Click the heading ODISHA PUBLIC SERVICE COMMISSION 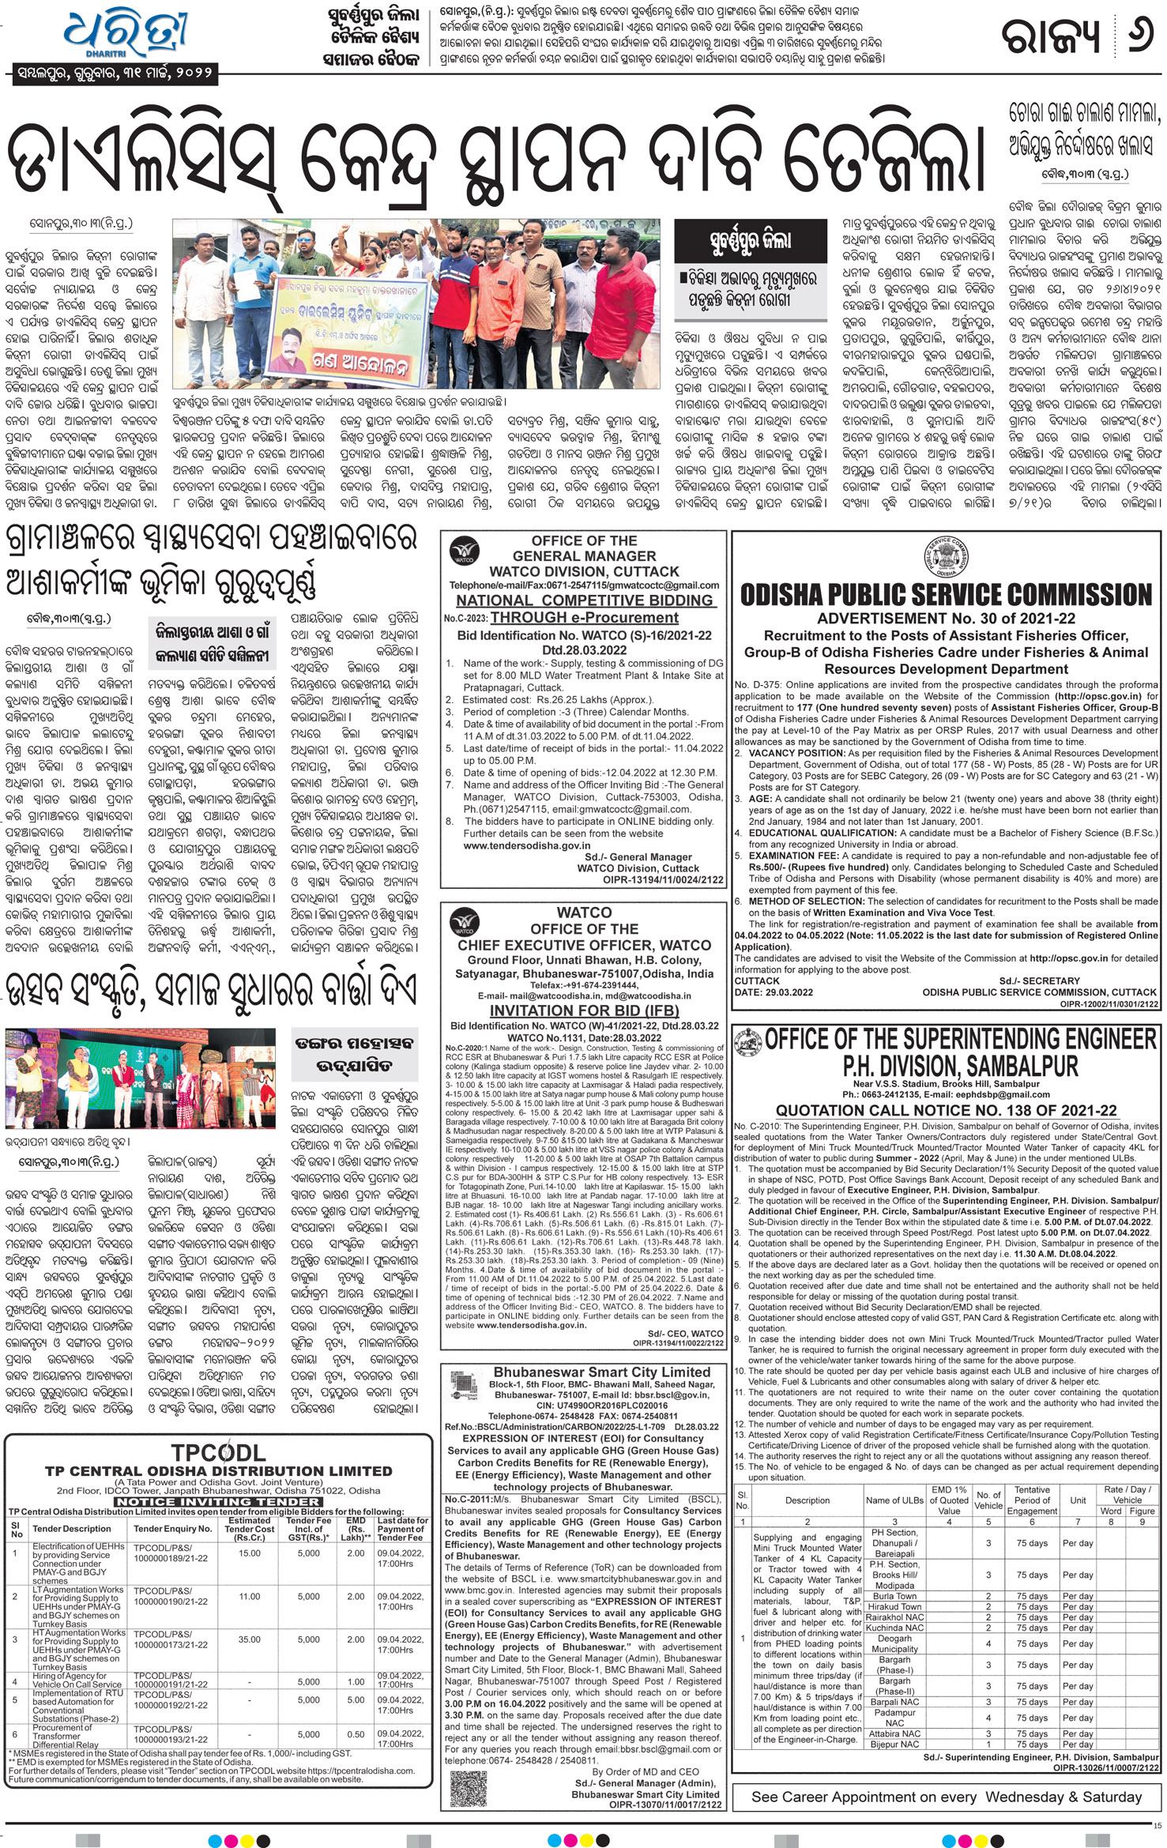click(x=946, y=594)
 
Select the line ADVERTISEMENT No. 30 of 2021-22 click(x=946, y=619)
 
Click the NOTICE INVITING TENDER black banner click(x=218, y=1501)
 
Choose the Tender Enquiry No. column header click(x=173, y=1529)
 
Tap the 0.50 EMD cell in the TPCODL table click(x=356, y=1734)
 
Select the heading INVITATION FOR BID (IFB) click(x=584, y=1011)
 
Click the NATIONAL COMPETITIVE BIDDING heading click(x=584, y=600)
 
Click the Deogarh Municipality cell click(x=894, y=1643)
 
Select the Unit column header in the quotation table click(x=1078, y=1500)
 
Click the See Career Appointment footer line click(x=946, y=1797)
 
